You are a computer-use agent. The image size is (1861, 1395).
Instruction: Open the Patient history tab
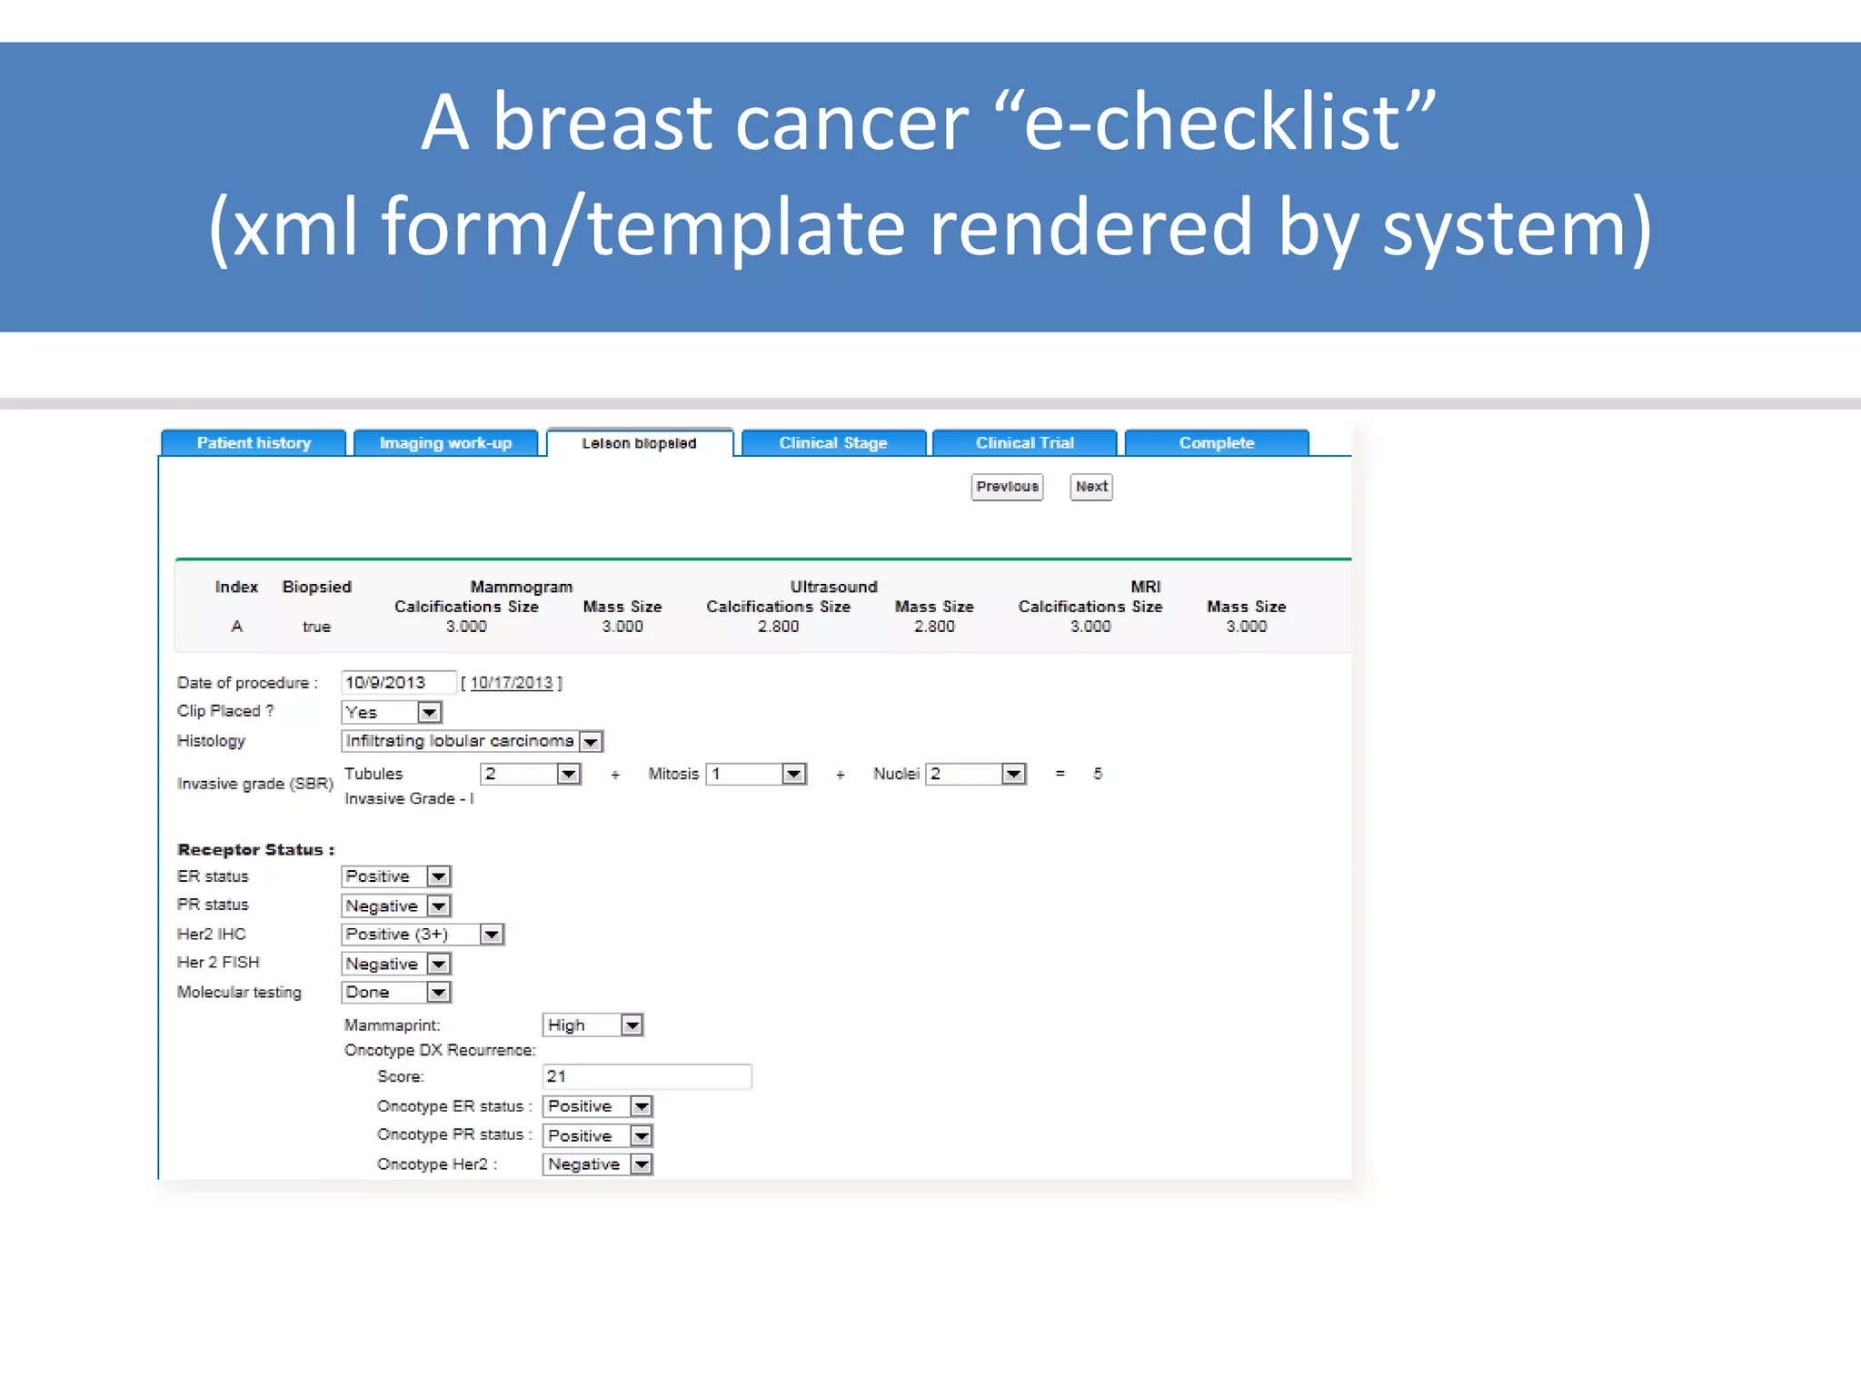[x=254, y=443]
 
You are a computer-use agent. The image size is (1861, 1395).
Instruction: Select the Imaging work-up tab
[x=445, y=443]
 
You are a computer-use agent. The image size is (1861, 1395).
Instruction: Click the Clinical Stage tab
[x=832, y=443]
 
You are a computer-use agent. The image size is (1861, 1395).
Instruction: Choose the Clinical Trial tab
[x=1024, y=443]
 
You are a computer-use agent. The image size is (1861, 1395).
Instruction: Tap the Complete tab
[x=1216, y=443]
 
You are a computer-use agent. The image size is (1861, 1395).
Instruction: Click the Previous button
[x=1007, y=487]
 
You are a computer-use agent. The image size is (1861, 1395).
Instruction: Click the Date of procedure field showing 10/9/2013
[x=397, y=682]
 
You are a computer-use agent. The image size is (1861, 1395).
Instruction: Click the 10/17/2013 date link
[x=512, y=683]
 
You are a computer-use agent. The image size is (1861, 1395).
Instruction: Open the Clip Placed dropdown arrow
[x=430, y=713]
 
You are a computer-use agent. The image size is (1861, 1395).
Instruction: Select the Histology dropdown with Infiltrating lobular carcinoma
[x=472, y=741]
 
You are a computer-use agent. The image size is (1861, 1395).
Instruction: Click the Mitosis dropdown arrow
[x=794, y=774]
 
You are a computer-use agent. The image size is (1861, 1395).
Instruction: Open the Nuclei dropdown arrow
[x=1013, y=774]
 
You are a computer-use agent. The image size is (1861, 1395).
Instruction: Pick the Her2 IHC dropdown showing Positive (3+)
[x=422, y=935]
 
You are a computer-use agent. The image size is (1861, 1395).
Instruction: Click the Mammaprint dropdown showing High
[x=592, y=1025]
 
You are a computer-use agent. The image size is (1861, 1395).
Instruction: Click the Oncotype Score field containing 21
[x=646, y=1076]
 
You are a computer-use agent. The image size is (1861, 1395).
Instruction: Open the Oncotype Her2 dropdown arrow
[x=642, y=1164]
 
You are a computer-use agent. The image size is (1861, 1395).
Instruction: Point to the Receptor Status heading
[x=255, y=850]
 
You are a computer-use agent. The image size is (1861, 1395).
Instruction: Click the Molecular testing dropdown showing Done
[x=395, y=993]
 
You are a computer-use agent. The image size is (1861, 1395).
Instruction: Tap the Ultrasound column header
[x=833, y=587]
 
